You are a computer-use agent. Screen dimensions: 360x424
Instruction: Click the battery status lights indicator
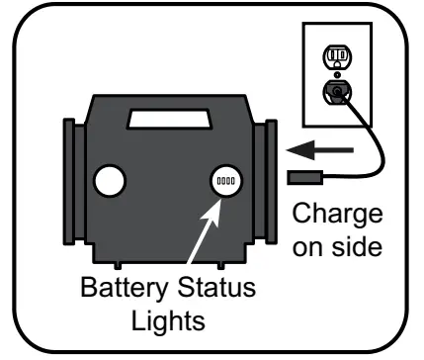click(227, 182)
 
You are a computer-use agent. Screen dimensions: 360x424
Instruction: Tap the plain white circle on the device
click(108, 180)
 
